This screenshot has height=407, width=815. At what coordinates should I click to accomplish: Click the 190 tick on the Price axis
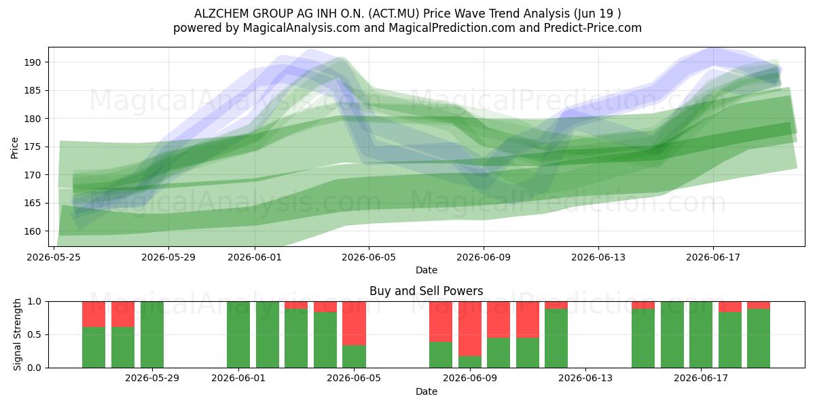pos(33,62)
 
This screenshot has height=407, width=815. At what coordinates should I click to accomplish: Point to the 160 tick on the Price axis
pos(33,231)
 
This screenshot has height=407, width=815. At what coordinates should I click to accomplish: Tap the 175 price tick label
pos(33,147)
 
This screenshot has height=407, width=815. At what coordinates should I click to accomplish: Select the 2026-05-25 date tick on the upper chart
pos(54,257)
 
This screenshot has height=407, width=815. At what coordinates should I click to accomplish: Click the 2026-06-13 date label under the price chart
pos(598,257)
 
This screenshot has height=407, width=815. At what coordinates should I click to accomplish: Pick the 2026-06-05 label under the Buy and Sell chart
pos(354,378)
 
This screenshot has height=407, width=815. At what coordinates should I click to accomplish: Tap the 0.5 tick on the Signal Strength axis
pos(35,334)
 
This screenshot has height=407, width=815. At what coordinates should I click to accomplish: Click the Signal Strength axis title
pos(17,334)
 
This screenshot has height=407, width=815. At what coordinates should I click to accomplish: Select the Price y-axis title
pos(14,148)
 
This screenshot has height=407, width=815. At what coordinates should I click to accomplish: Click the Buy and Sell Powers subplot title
pos(427,291)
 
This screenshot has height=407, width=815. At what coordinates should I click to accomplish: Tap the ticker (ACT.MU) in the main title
pos(394,14)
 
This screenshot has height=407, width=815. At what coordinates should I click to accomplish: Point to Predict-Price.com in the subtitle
pos(593,28)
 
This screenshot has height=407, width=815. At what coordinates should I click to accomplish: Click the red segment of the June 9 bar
pos(470,329)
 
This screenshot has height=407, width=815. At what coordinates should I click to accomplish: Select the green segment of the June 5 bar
pos(354,357)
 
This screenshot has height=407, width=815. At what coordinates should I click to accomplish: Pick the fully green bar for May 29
pos(152,334)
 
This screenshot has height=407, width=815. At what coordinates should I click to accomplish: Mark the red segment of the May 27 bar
pos(94,314)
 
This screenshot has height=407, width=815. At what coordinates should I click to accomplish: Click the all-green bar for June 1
pos(238,334)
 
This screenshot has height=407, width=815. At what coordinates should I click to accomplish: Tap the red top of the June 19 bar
pos(759,305)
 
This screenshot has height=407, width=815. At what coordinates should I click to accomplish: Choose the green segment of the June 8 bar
pos(441,355)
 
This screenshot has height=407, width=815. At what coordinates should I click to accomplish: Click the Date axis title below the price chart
pos(427,270)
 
